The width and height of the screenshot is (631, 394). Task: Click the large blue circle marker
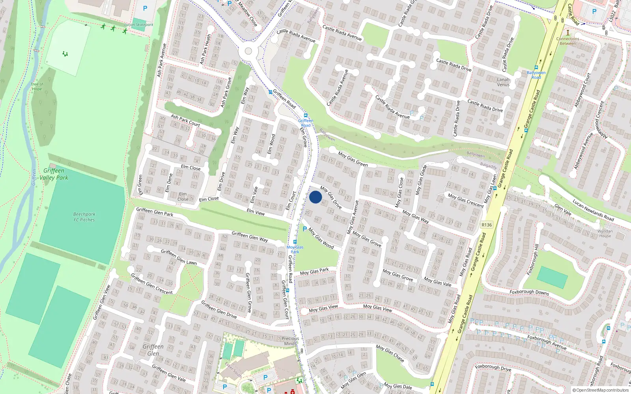pos(315,197)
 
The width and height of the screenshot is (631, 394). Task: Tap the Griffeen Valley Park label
pos(54,174)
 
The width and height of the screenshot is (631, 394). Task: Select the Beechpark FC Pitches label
pos(84,217)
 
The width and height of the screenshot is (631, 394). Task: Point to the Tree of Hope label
pos(37,86)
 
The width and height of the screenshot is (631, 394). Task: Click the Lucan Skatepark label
pos(139,24)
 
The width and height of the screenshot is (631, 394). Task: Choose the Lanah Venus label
pos(503,82)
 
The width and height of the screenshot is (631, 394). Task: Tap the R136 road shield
pos(487,225)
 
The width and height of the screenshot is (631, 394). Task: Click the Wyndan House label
pos(605,233)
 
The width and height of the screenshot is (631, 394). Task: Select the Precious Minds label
pos(291,341)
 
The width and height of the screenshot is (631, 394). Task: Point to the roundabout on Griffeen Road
pos(248,51)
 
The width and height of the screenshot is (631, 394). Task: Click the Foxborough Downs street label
pos(529,292)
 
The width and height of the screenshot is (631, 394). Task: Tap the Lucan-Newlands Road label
pos(593,210)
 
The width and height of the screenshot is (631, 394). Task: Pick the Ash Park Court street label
pos(185,120)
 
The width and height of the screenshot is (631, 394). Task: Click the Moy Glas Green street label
pos(353,159)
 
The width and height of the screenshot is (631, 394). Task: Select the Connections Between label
pos(568,41)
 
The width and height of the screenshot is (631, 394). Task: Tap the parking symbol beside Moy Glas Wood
pos(304,229)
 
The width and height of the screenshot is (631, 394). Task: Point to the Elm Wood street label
pos(271,144)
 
